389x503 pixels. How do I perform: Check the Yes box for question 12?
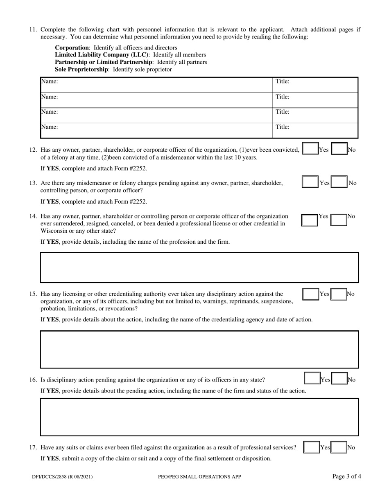click(310, 149)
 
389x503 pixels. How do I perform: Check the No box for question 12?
click(339, 149)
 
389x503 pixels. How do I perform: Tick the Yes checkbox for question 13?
click(310, 182)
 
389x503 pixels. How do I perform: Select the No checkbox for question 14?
click(339, 220)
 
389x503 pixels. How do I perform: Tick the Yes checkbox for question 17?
click(311, 447)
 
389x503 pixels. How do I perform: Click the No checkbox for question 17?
click(339, 447)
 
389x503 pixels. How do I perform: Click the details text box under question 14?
click(199, 267)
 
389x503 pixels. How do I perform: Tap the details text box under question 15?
click(199, 349)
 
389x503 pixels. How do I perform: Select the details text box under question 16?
click(199, 417)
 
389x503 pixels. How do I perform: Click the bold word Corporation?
click(72, 47)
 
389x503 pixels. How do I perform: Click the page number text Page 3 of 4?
click(346, 476)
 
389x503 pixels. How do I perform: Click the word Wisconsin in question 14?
click(53, 231)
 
